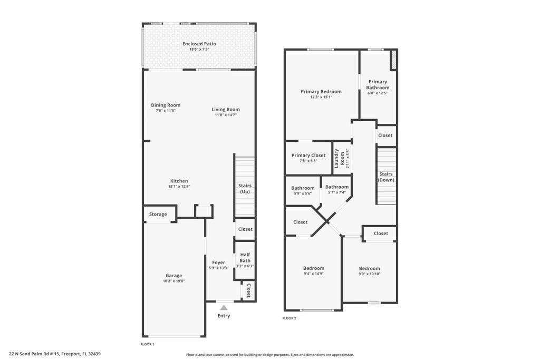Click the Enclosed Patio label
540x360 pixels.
click(199, 44)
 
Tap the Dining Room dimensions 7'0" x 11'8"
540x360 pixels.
click(166, 111)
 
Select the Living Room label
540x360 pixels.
click(226, 110)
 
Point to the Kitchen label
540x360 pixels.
click(179, 181)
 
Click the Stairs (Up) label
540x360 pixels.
click(245, 189)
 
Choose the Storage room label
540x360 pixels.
click(158, 214)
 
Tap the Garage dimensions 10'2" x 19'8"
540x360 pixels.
click(173, 281)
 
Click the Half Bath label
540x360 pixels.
click(245, 257)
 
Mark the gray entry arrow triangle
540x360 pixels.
click(224, 307)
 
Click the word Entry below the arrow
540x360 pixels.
click(224, 316)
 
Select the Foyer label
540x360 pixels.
click(218, 262)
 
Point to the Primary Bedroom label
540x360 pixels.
click(321, 91)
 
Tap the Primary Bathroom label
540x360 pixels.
click(378, 84)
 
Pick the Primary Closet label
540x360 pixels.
click(308, 155)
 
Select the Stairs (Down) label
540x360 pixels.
click(386, 177)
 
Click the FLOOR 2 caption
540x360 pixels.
click(289, 318)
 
